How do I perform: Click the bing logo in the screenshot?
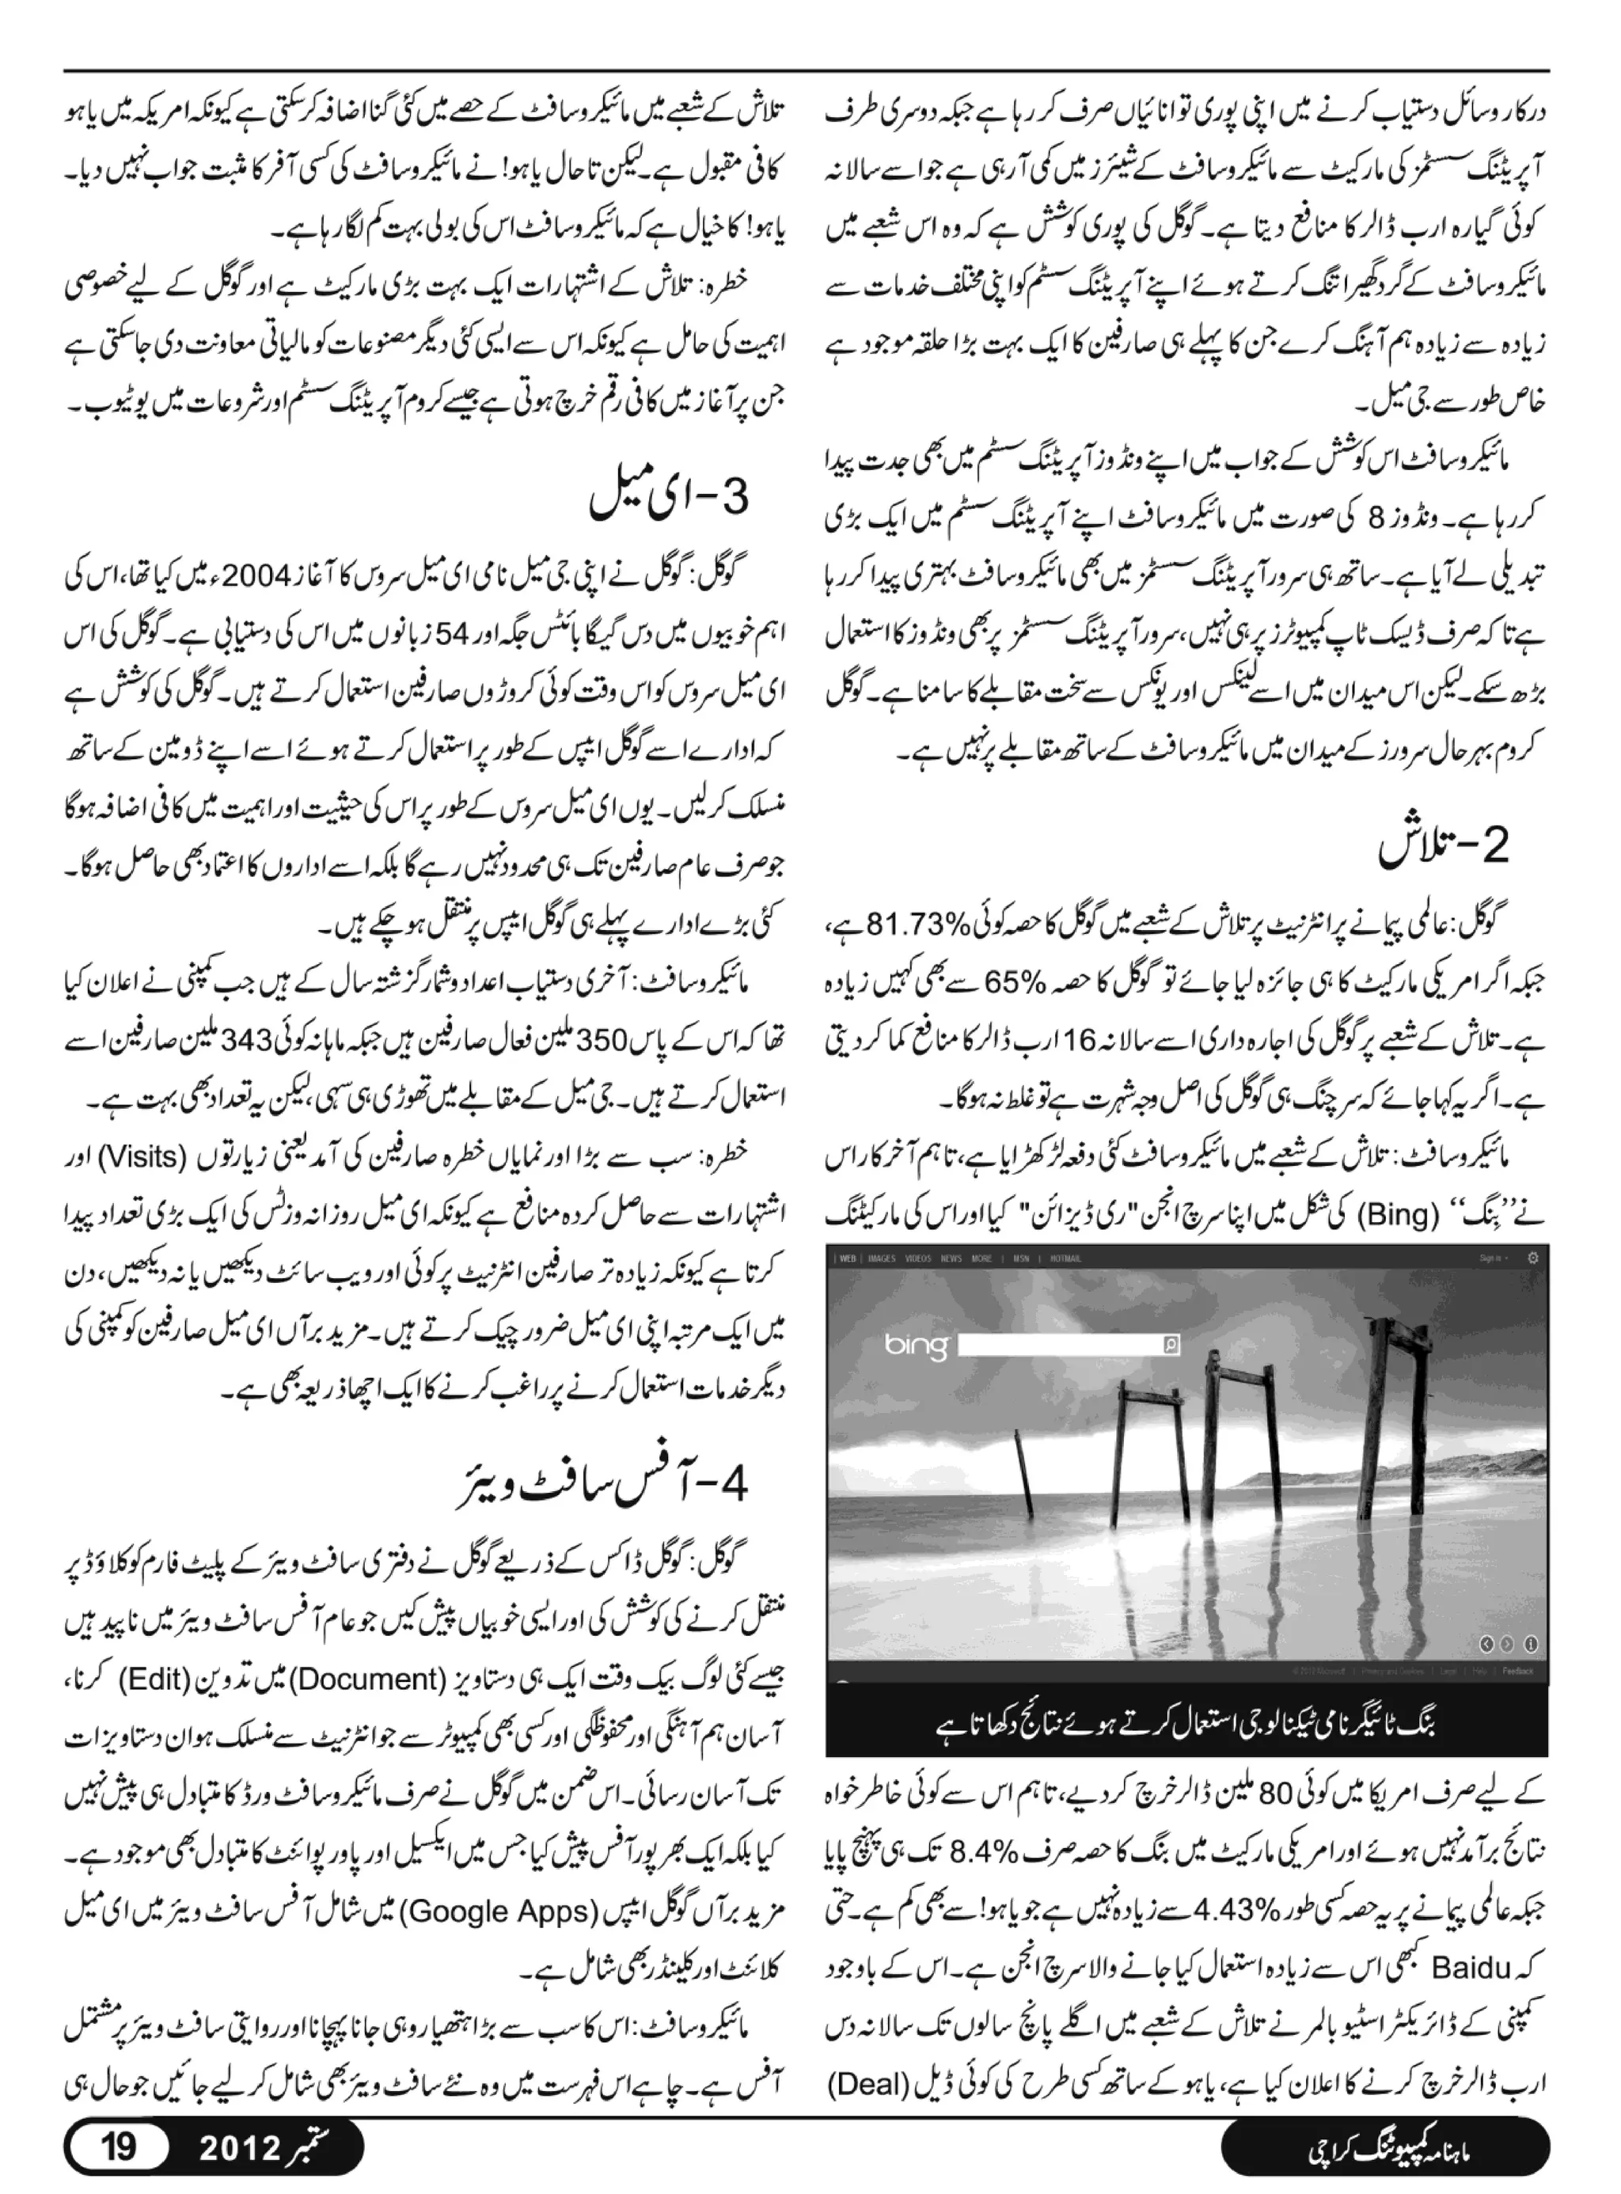[916, 1346]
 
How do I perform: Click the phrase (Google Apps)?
[499, 1911]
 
